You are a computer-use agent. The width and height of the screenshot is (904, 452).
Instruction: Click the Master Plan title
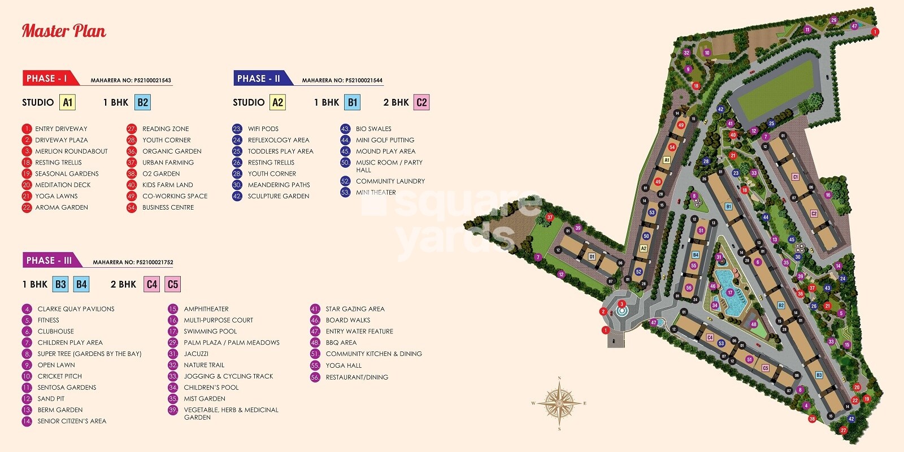[x=64, y=31]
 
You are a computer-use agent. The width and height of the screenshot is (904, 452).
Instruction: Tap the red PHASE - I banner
[x=46, y=79]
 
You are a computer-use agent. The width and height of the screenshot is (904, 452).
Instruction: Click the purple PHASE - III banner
[x=49, y=260]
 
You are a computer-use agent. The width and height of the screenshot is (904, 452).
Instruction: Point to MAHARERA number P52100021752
[x=133, y=262]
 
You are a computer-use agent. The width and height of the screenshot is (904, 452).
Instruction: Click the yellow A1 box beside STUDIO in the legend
[x=68, y=102]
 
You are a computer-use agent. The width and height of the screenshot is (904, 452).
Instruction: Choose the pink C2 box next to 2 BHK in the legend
[x=421, y=102]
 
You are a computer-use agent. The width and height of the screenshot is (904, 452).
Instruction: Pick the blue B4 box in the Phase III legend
[x=81, y=284]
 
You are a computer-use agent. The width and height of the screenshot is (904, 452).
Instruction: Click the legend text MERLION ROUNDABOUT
[x=71, y=151]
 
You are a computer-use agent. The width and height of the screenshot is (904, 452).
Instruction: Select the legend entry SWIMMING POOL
[x=210, y=332]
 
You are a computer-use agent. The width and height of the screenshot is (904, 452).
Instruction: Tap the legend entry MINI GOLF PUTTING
[x=385, y=140]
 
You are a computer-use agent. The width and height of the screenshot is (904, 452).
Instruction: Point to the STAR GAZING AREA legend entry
[x=355, y=309]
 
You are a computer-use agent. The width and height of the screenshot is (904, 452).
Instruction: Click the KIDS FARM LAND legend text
[x=167, y=185]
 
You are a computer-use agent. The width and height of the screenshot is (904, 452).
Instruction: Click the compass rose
[x=559, y=403]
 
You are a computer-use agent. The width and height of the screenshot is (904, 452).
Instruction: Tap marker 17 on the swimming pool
[x=730, y=293]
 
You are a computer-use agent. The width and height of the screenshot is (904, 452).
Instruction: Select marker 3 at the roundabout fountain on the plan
[x=621, y=304]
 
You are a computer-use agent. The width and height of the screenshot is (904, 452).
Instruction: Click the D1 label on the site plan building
[x=592, y=257]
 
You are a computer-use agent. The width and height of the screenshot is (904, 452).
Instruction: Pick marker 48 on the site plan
[x=753, y=324]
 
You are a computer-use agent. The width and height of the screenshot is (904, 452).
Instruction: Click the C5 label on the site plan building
[x=766, y=368]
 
